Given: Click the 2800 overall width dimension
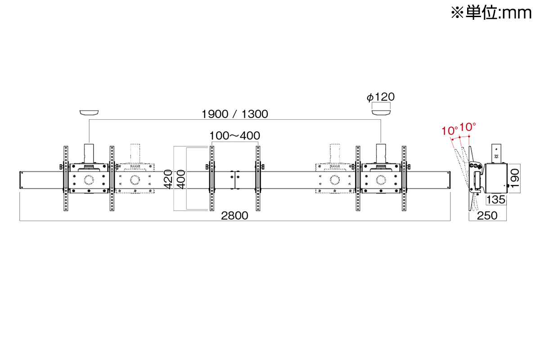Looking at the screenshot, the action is point(234,216).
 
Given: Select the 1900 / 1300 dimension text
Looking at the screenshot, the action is point(234,114).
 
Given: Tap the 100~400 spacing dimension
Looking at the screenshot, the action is point(234,136).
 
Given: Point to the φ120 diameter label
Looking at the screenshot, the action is point(381,97).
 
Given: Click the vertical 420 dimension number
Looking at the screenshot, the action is point(168,180).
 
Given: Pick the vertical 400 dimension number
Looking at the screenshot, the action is point(181,180).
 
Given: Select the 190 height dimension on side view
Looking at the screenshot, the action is point(515,179).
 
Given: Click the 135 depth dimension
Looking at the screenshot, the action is point(495,200).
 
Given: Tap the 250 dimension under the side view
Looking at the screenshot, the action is point(487,216).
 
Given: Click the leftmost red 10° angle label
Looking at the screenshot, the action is point(450,131).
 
